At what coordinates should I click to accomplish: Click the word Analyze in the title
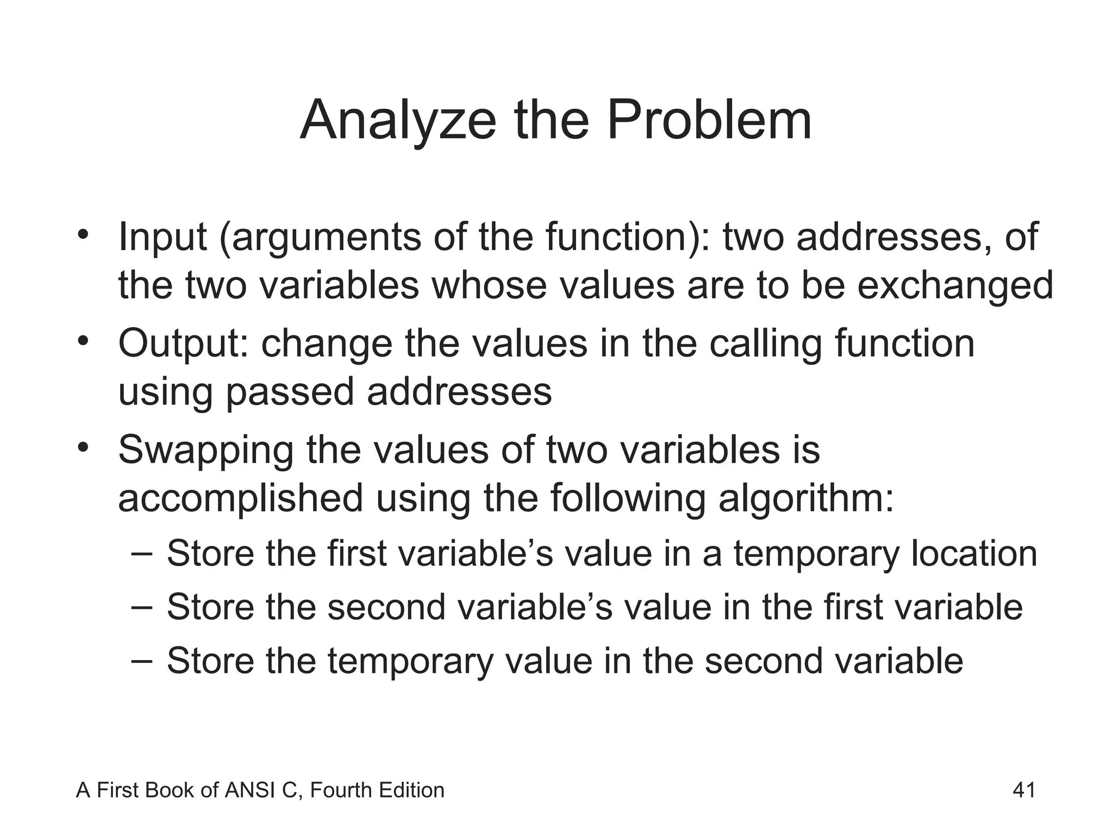coord(397,121)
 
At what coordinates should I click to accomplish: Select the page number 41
coord(1024,790)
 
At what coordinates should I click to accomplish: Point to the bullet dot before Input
coord(83,235)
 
